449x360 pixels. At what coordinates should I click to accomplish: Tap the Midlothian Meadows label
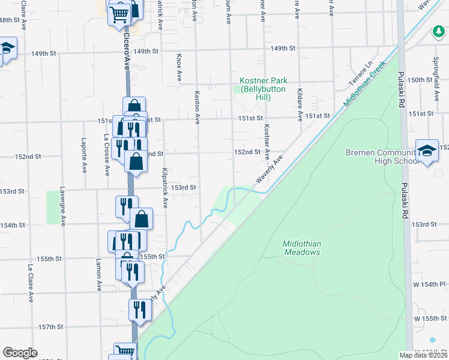point(301,248)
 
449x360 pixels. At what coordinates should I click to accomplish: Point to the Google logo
point(20,352)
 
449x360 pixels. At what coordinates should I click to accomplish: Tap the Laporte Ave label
point(83,157)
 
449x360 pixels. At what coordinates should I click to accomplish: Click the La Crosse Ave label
point(107,155)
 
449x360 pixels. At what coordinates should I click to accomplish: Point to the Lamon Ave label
point(98,275)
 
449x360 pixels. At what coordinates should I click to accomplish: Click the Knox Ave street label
point(179,67)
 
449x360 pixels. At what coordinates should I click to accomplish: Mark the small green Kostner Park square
point(237,90)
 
